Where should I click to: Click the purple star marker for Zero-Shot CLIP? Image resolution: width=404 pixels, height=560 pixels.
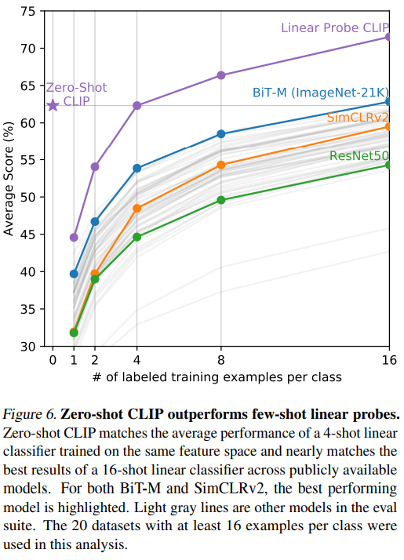tap(53, 105)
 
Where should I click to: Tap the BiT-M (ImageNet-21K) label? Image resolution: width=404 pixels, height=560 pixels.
tap(320, 92)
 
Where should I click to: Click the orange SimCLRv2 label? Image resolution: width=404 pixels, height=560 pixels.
tap(357, 118)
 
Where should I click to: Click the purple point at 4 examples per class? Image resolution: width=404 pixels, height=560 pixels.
tap(137, 105)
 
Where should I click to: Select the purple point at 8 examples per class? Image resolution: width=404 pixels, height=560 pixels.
tap(221, 75)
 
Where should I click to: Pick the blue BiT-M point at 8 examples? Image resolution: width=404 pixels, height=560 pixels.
tap(221, 134)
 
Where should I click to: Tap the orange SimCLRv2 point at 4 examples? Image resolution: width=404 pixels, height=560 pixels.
tap(137, 209)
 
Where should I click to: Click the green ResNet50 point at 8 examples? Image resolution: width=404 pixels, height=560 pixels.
tap(221, 200)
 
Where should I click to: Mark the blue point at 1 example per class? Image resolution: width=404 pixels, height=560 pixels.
tap(74, 274)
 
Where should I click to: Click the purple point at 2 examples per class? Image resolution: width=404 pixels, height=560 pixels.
tap(95, 166)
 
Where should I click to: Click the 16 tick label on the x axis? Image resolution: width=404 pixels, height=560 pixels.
tap(389, 359)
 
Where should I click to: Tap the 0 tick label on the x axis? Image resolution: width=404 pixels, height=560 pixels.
tap(53, 359)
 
